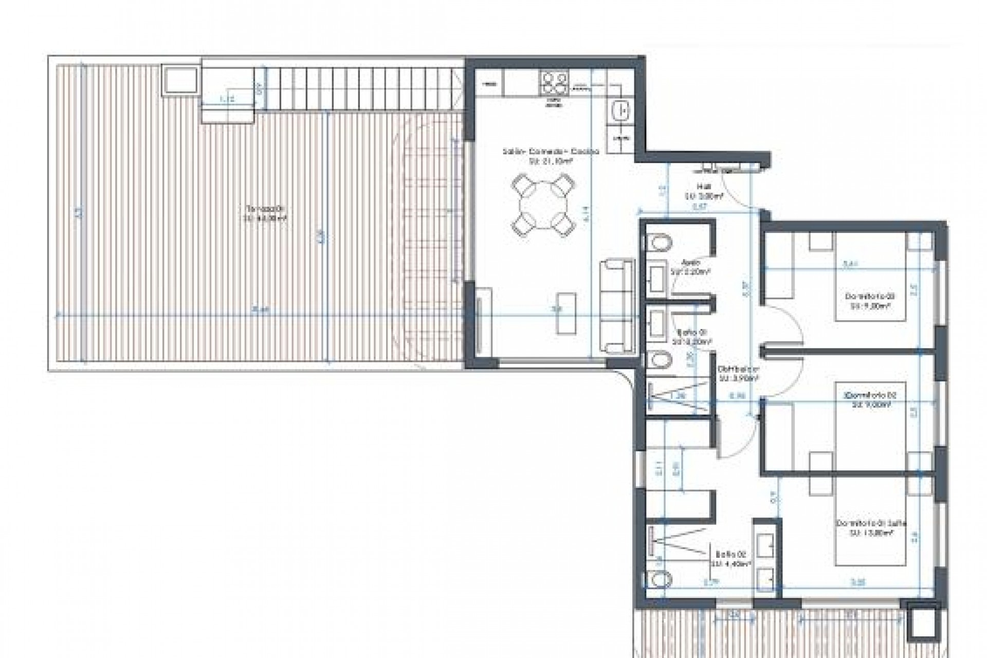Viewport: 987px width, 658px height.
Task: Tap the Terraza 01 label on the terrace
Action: (x=265, y=213)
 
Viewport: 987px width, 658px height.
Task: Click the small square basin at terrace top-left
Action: (x=180, y=80)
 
